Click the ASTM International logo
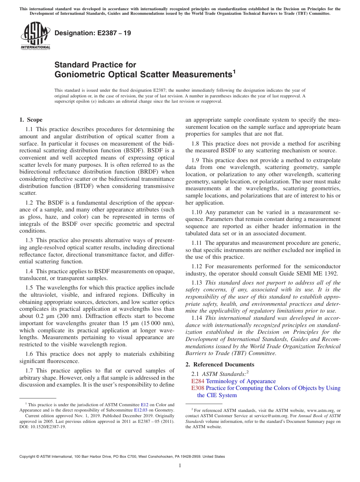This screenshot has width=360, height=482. pos(35,36)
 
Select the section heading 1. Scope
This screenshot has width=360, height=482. pos(31,120)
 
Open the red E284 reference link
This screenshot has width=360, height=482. pos(198,381)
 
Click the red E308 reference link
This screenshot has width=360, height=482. pos(198,388)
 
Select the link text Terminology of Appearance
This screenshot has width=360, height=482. pos(241,381)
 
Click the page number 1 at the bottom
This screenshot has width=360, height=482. pos(180,466)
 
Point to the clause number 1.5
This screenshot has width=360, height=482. pos(30,288)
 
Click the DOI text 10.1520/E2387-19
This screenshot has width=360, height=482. pos(48,426)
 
